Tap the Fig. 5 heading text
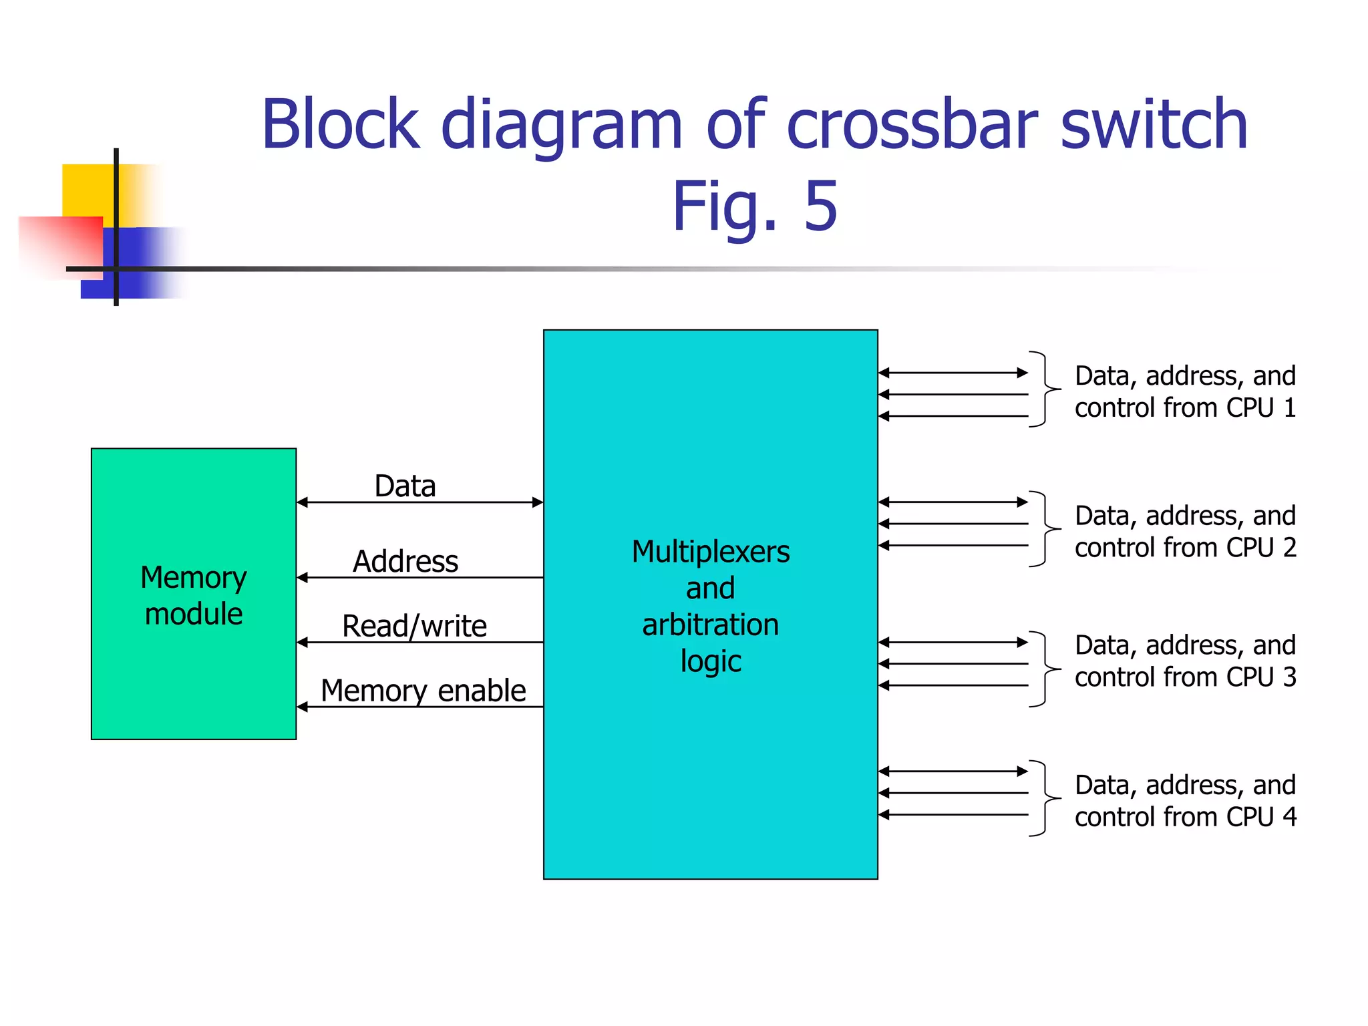[x=754, y=207]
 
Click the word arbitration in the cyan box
[x=710, y=625]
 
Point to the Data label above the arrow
[x=405, y=486]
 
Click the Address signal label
[x=405, y=561]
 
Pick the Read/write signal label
[x=414, y=627]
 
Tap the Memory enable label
[x=423, y=691]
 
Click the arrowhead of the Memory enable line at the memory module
[x=303, y=707]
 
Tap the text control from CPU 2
[x=1185, y=548]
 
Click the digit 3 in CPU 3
[x=1289, y=677]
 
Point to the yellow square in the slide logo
[x=87, y=190]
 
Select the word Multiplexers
[x=710, y=552]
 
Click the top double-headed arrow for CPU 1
[x=953, y=373]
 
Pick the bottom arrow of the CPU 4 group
[x=953, y=814]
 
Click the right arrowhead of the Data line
[x=537, y=502]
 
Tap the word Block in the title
[x=340, y=125]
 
